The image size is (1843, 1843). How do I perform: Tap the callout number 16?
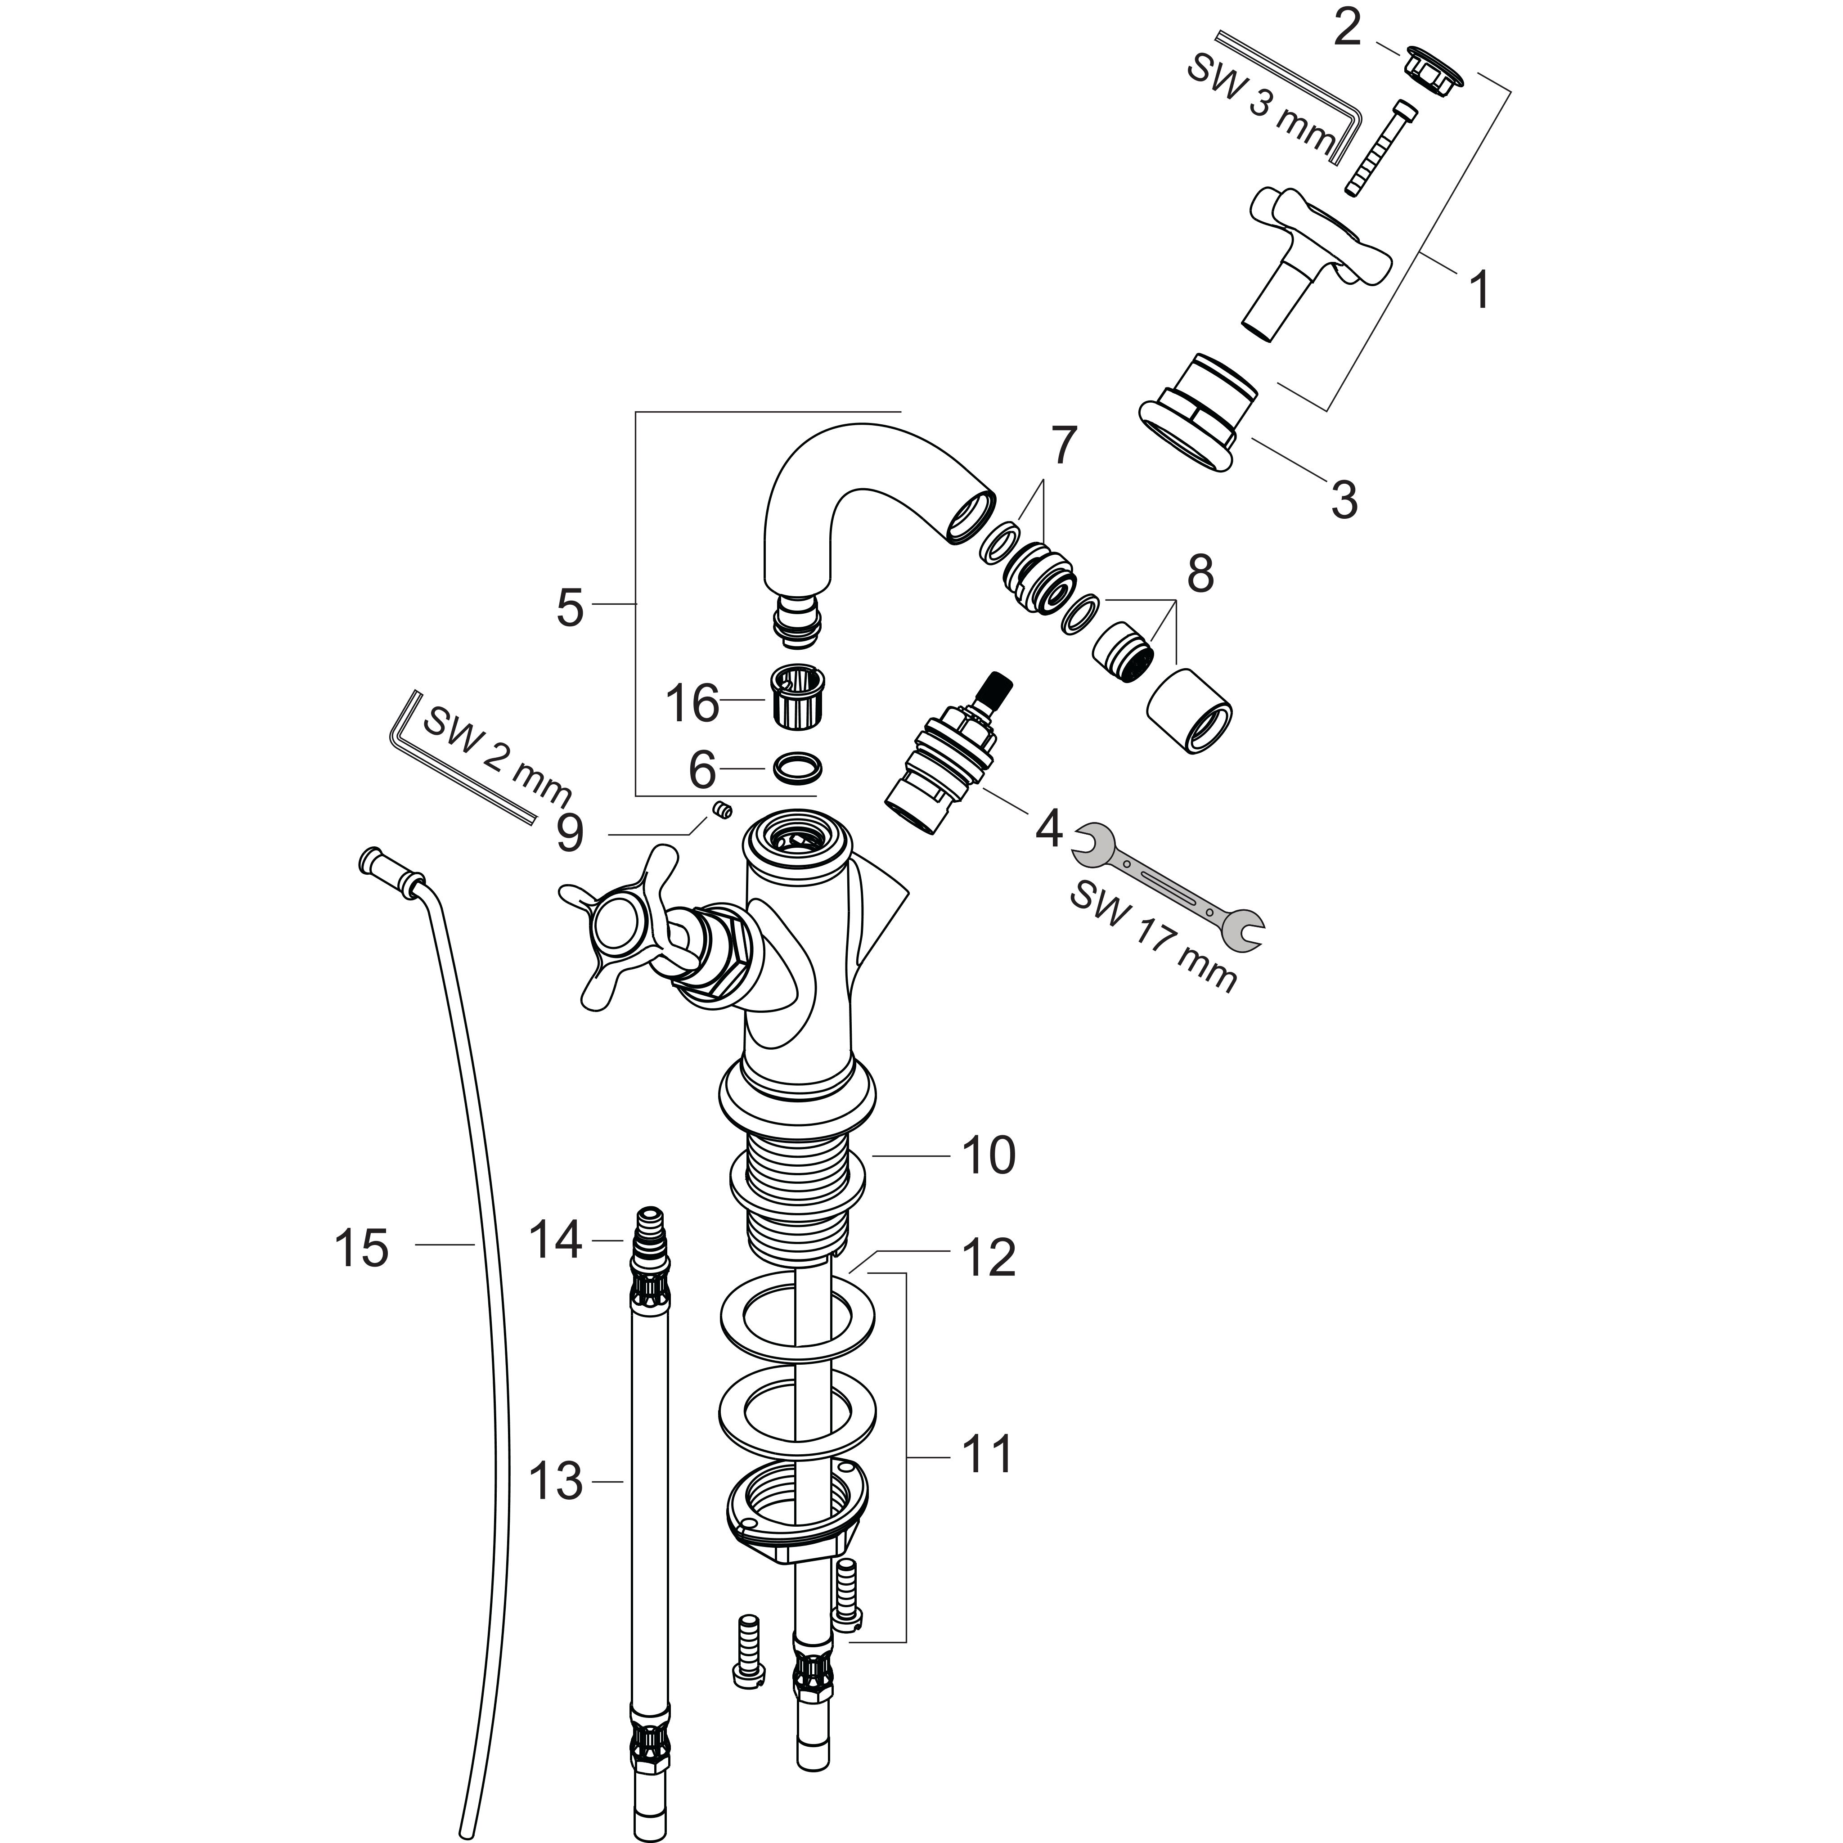pos(692,704)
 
